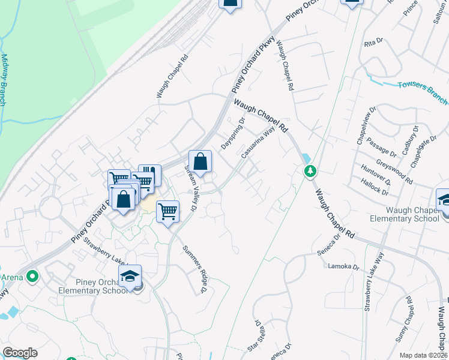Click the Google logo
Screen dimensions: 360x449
click(20, 353)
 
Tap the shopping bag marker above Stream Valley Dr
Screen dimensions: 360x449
click(200, 161)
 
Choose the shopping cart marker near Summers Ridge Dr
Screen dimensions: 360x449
click(168, 211)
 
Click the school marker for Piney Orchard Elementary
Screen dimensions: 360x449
click(130, 276)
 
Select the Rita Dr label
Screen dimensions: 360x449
click(373, 43)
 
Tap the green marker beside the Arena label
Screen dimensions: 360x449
click(33, 277)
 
